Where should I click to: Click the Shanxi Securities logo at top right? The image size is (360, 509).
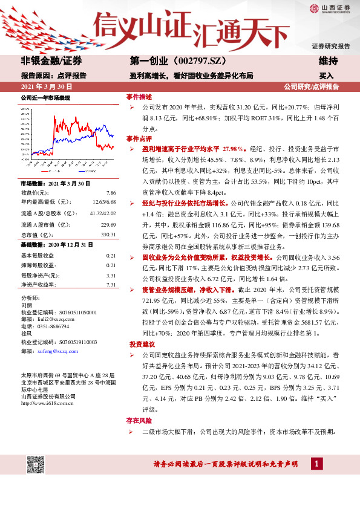point(330,8)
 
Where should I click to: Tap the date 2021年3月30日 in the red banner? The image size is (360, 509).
point(42,86)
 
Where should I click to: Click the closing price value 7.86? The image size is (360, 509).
point(111,192)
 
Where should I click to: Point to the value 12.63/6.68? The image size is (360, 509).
point(104,202)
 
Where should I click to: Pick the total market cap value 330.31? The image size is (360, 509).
point(108,235)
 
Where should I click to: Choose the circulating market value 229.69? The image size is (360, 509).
point(108,224)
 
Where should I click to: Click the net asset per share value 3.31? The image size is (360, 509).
point(111,275)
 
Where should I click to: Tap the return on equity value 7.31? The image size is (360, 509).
point(111,284)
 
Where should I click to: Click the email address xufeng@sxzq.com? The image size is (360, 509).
point(53,351)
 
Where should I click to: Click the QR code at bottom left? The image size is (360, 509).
point(36,466)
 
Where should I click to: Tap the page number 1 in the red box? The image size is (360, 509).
point(315,464)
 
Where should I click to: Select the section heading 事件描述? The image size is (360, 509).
point(139,97)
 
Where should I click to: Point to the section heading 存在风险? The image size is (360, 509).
point(139,419)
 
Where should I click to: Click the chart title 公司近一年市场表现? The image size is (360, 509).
point(46,97)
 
